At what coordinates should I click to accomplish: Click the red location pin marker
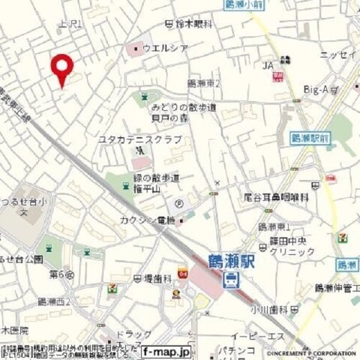tap(61, 69)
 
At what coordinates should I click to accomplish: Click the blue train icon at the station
tap(232, 281)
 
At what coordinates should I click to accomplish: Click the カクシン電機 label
tap(147, 220)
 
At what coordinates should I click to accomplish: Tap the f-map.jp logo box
tap(166, 350)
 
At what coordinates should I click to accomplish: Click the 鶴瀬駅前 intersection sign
tap(309, 139)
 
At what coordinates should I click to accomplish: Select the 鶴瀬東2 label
tap(202, 84)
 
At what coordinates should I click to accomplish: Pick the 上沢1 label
tap(70, 24)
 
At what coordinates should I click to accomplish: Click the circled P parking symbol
tap(179, 203)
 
